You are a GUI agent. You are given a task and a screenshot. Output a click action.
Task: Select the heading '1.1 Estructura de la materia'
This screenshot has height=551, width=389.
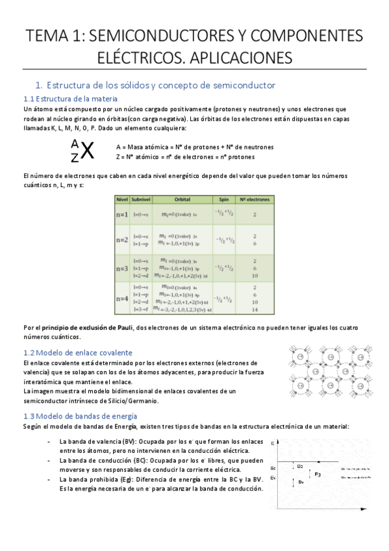click(x=70, y=99)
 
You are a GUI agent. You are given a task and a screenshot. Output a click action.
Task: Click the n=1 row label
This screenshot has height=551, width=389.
click(x=121, y=214)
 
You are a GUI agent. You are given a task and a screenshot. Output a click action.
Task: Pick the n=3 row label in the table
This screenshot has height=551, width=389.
click(x=121, y=268)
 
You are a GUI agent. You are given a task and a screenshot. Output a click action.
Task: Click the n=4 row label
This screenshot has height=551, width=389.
click(x=121, y=298)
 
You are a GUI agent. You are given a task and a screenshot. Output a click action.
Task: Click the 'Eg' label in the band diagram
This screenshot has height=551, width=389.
click(x=318, y=475)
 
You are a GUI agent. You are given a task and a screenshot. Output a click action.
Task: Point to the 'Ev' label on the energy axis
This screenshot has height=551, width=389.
click(x=273, y=478)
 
